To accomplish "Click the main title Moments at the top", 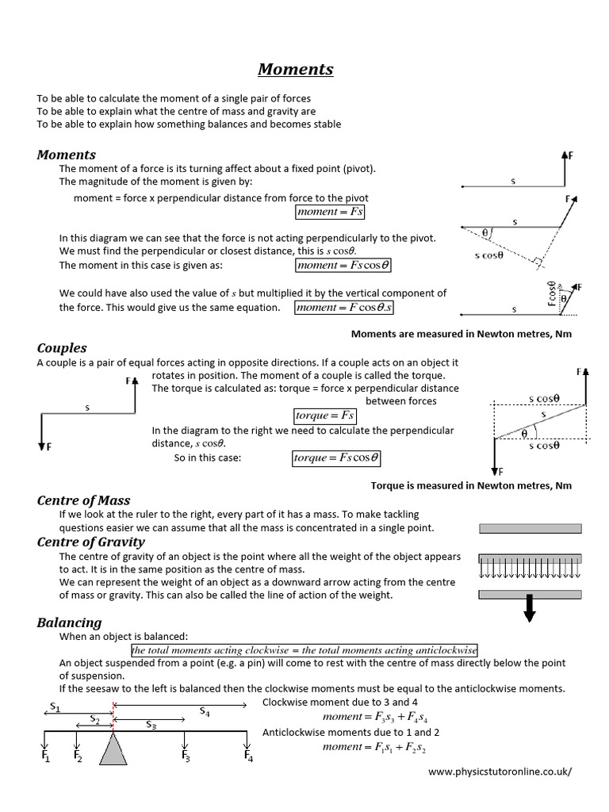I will tap(295, 69).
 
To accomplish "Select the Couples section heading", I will tap(62, 348).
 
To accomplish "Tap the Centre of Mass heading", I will tap(83, 500).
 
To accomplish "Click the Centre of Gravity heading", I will tap(90, 542).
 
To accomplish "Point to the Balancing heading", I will tap(69, 622).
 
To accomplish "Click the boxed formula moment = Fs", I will tap(330, 212).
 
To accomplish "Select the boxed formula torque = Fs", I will tap(324, 416).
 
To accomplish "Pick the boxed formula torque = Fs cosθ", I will tap(336, 458).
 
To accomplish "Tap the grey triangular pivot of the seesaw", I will tap(114, 749).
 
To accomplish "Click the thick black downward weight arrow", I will tap(530, 607).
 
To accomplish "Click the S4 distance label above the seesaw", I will tap(205, 711).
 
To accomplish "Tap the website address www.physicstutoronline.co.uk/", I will tap(499, 771).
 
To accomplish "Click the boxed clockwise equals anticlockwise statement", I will tap(304, 649).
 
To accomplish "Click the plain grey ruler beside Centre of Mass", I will tap(530, 528).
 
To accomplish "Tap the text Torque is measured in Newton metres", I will tap(471, 485).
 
